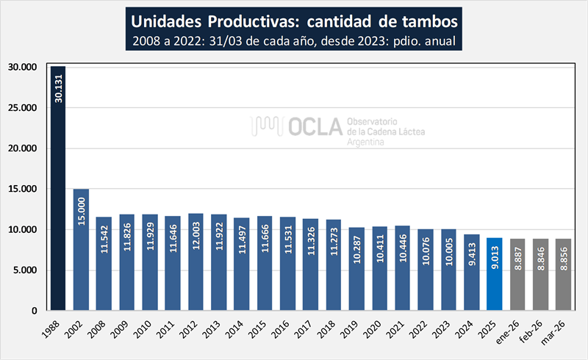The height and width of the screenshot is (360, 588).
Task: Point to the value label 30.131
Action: coord(58,88)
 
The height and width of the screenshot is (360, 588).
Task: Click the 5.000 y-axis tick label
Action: coord(26,270)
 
